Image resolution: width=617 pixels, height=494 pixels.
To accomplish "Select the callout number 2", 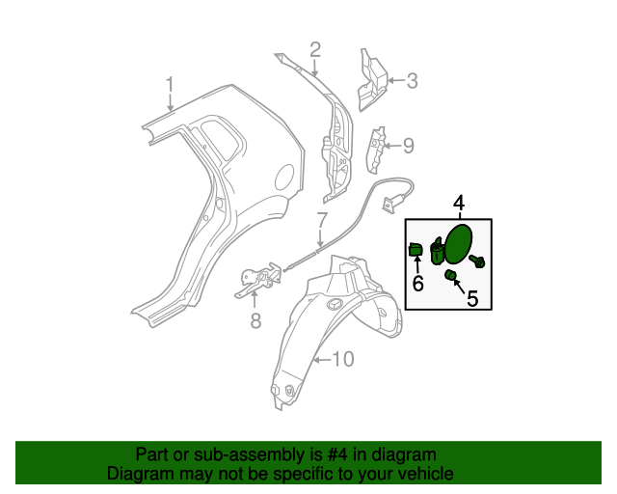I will (314, 50).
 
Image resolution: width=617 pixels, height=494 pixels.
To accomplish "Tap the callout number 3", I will (412, 82).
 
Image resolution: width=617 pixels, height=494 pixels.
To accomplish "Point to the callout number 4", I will (459, 203).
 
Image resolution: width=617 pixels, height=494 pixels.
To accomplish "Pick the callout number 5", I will (472, 299).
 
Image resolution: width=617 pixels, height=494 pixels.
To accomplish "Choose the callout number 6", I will (417, 284).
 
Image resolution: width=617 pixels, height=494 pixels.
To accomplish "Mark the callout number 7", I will (322, 220).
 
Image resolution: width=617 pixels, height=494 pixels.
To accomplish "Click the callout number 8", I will (255, 322).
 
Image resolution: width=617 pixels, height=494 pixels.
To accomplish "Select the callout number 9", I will (408, 146).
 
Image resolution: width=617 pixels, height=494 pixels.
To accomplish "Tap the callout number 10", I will (343, 360).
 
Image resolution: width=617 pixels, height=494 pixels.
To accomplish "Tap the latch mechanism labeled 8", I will (258, 283).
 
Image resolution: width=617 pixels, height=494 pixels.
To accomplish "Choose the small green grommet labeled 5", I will (449, 276).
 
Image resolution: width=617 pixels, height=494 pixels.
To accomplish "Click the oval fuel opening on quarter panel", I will (284, 177).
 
